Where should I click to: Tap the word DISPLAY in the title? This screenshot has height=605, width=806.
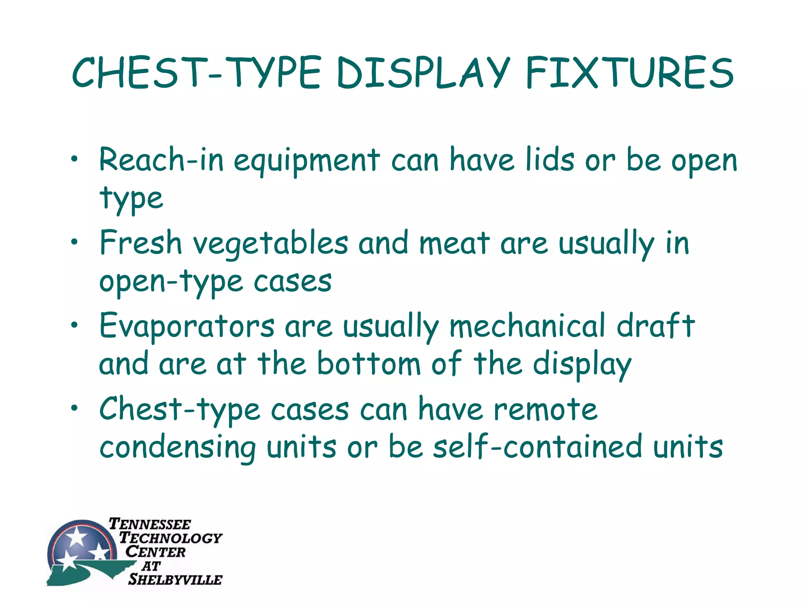tap(423, 73)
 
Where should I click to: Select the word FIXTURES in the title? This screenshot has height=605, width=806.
tap(630, 73)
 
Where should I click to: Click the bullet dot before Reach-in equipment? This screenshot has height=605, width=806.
tap(74, 160)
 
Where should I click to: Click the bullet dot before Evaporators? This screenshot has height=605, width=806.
tap(74, 325)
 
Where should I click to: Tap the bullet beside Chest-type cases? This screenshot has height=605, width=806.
tap(74, 408)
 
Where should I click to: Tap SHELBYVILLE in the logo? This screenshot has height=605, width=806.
tap(176, 579)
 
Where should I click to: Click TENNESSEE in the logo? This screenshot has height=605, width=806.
tap(150, 524)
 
